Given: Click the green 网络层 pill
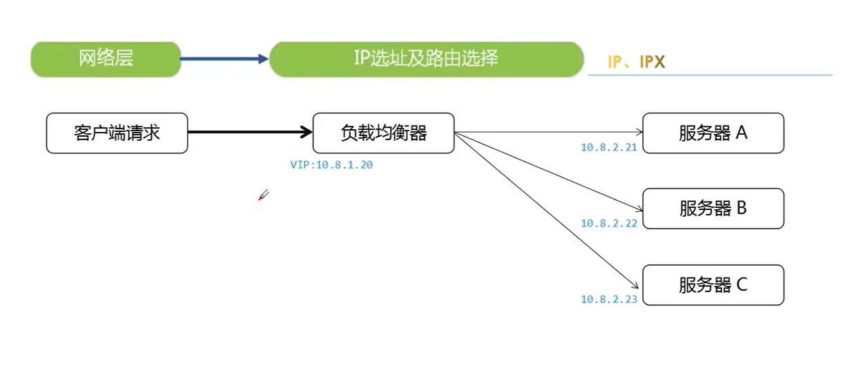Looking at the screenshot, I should pyautogui.click(x=106, y=59).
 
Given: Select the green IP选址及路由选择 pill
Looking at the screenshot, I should pyautogui.click(x=426, y=59).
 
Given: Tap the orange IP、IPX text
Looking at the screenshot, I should pyautogui.click(x=636, y=62).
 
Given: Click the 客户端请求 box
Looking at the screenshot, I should pyautogui.click(x=117, y=133).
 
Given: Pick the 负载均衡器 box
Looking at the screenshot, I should pyautogui.click(x=383, y=133).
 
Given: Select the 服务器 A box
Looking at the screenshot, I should pyautogui.click(x=713, y=133).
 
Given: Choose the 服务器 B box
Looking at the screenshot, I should pyautogui.click(x=713, y=208).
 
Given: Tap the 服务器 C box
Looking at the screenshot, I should pyautogui.click(x=713, y=285).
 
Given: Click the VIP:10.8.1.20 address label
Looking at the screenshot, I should pyautogui.click(x=331, y=165).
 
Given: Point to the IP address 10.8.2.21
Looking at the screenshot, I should pyautogui.click(x=609, y=147).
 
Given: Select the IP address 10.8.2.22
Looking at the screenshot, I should pyautogui.click(x=609, y=223).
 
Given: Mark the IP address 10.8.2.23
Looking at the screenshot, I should pyautogui.click(x=609, y=299).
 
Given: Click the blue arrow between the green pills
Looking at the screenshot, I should pyautogui.click(x=224, y=59).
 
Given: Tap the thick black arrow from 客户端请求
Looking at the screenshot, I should pyautogui.click(x=249, y=131).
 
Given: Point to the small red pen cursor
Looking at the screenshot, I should pyautogui.click(x=263, y=195).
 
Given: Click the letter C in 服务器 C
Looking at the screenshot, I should pyautogui.click(x=742, y=285).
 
